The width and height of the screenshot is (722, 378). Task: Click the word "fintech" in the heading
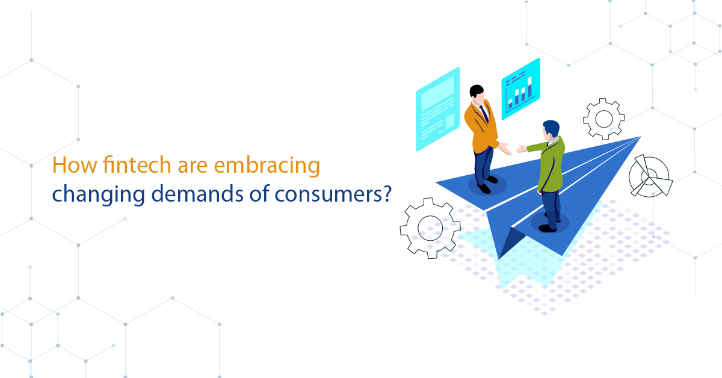(137, 164)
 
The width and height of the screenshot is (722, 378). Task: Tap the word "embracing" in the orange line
(267, 166)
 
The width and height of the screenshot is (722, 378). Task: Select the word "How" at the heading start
(75, 165)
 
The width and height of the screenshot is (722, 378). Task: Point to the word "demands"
(197, 194)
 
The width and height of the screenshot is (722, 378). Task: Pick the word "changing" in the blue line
(98, 195)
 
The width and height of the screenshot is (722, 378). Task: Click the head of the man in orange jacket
(477, 93)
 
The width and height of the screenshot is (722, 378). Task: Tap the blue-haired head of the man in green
(551, 130)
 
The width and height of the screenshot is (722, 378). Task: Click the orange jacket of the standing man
(481, 128)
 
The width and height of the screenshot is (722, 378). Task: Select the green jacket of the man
(549, 164)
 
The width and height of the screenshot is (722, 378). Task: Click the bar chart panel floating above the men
(520, 89)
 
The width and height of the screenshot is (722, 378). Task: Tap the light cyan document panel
(438, 109)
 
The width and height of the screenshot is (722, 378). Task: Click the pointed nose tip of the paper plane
(640, 137)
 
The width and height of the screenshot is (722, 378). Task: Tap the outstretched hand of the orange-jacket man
(505, 149)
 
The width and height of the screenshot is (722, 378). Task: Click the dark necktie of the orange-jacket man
(484, 113)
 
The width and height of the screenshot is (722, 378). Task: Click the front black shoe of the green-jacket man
(548, 229)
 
